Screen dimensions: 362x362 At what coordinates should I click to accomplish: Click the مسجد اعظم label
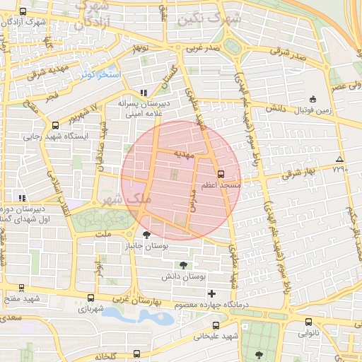(x=221, y=184)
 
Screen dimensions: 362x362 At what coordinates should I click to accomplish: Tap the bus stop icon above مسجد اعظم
(x=221, y=173)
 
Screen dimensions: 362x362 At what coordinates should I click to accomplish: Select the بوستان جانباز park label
(x=144, y=246)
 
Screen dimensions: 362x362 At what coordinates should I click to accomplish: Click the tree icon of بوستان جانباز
(x=146, y=235)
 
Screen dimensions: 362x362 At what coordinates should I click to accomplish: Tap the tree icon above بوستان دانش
(x=184, y=265)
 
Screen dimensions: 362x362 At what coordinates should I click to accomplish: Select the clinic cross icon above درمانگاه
(x=211, y=293)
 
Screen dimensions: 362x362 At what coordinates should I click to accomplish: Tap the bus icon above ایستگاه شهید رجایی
(x=55, y=126)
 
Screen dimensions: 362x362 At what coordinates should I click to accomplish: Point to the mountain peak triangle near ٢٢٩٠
(x=340, y=159)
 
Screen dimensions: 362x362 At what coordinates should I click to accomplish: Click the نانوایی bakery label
(x=308, y=332)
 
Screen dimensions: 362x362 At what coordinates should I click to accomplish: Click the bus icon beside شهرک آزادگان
(x=23, y=11)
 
